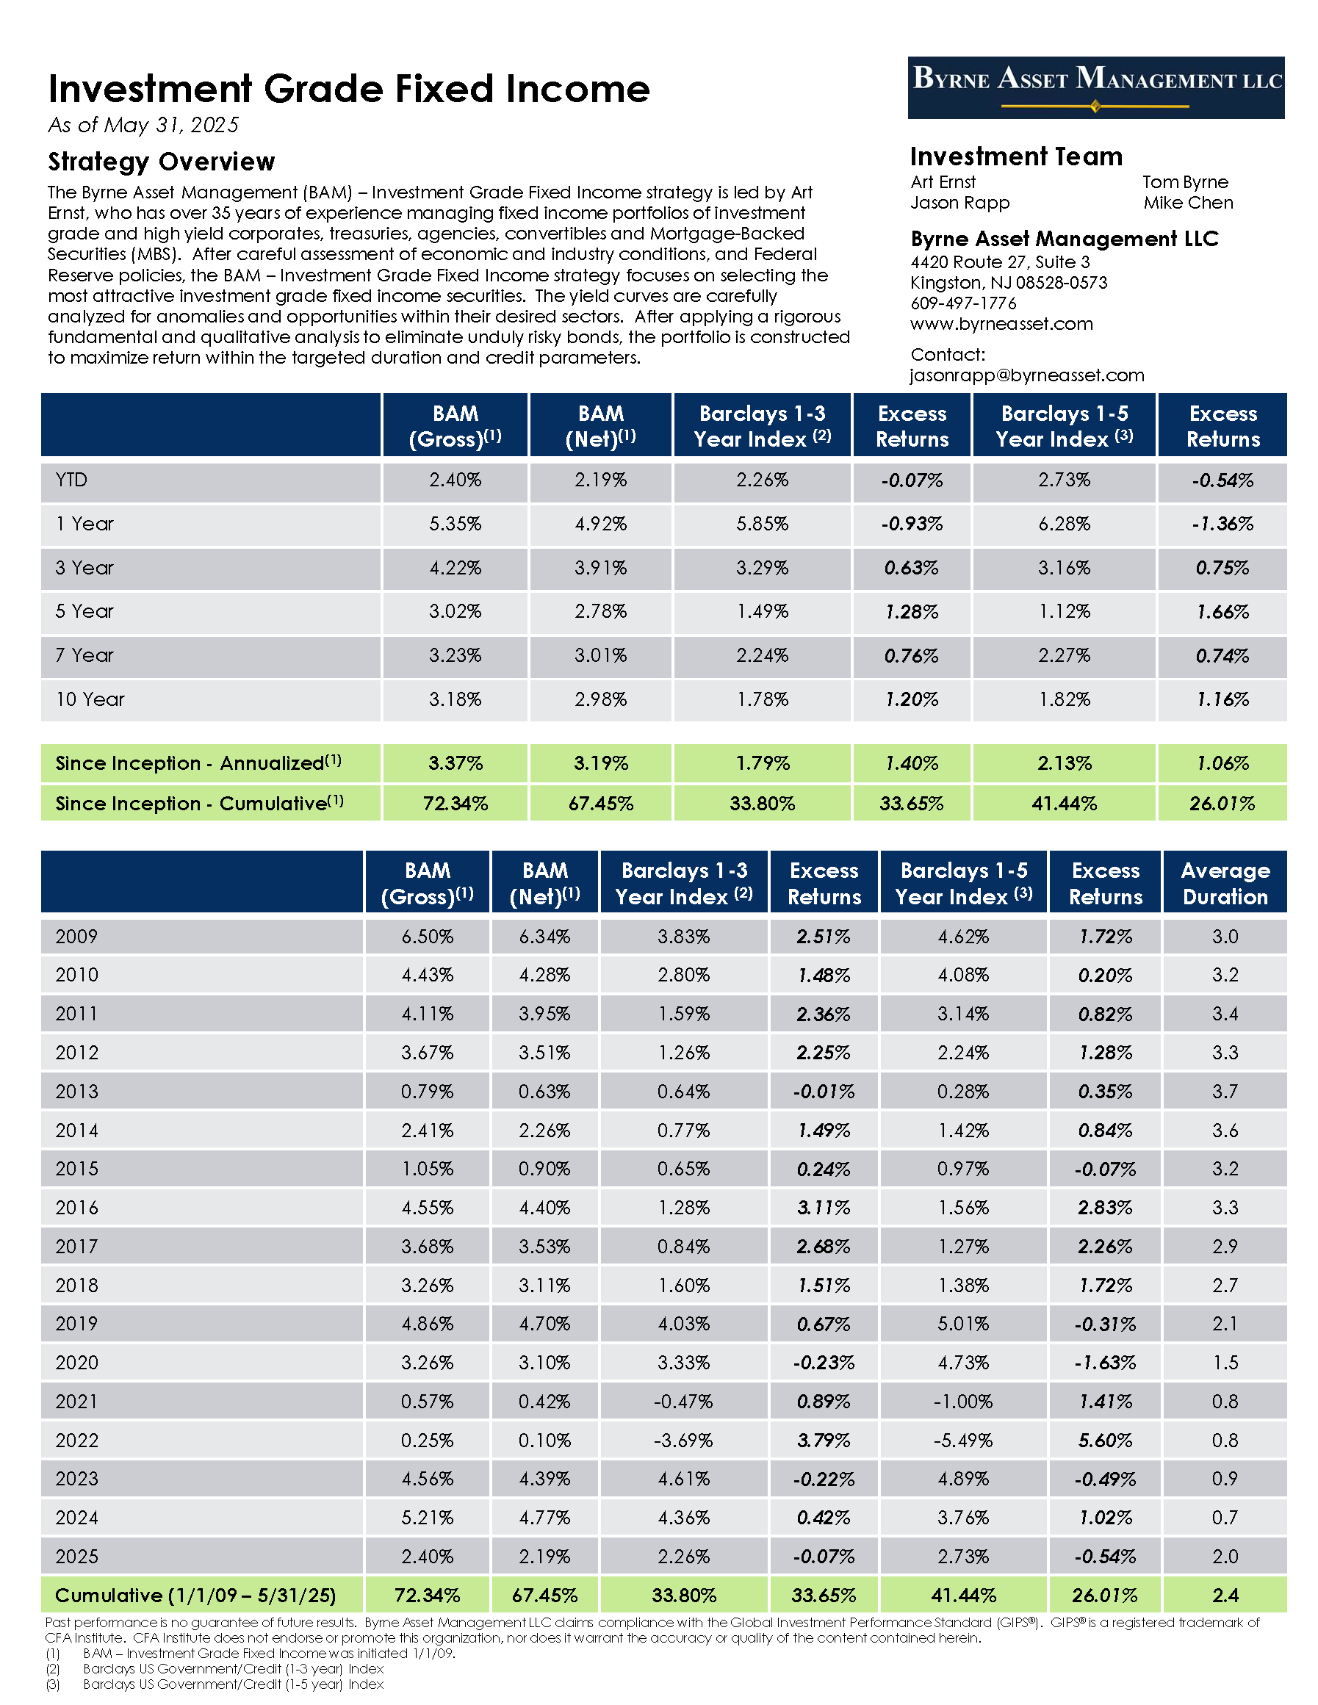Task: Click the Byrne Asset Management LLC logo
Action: coord(1095,87)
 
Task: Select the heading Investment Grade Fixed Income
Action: coord(349,89)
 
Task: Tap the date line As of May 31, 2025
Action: coord(144,126)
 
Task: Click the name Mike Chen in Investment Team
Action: coord(1188,203)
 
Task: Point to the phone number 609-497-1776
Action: coord(962,303)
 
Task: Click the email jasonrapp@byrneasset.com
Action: coord(1027,375)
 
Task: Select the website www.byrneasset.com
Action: coord(1001,324)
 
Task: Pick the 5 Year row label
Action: coord(84,611)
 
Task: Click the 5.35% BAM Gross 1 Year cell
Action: coord(455,524)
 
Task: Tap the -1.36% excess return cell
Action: coord(1222,524)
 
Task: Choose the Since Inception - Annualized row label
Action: coord(198,763)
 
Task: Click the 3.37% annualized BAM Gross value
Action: coord(455,763)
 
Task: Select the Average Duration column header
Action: coord(1224,883)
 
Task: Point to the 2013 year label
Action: coord(76,1092)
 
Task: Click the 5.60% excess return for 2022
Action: coord(1105,1441)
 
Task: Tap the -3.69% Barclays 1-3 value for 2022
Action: coord(683,1441)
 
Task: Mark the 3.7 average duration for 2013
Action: coord(1224,1092)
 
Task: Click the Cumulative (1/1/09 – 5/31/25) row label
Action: coord(195,1595)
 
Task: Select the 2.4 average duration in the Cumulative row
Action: coord(1224,1595)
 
